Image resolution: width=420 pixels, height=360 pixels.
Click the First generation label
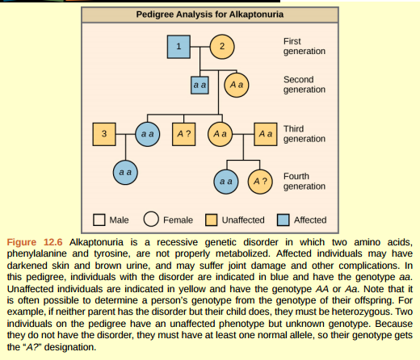click(x=304, y=46)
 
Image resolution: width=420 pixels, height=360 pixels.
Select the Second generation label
click(x=304, y=85)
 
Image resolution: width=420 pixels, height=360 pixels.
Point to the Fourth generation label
click(x=304, y=181)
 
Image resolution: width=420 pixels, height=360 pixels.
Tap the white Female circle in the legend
click(x=150, y=219)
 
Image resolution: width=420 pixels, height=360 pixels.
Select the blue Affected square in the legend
click(x=283, y=219)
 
